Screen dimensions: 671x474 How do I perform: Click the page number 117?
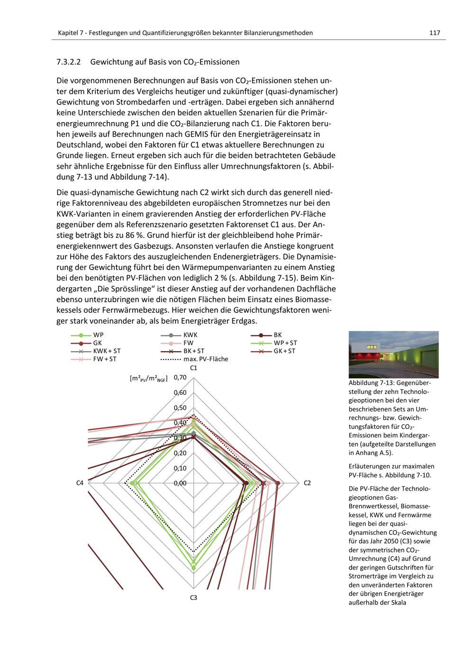pos(435,33)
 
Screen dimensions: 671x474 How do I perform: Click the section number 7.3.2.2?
pos(69,62)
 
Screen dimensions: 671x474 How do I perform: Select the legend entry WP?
pos(99,335)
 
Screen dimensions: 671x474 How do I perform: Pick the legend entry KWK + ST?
pos(107,351)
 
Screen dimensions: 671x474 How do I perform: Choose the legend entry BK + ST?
pos(194,351)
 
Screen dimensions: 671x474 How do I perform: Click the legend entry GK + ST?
pos(284,351)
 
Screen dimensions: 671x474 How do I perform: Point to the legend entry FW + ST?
pos(105,359)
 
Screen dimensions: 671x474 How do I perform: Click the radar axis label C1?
pos(193,368)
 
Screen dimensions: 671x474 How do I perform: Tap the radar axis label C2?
pos(307,483)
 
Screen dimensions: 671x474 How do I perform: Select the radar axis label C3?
pos(193,597)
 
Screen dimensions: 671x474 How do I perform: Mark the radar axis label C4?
pos(80,483)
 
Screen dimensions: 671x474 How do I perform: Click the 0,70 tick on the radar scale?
pos(181,378)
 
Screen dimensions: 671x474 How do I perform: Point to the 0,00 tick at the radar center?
pos(181,483)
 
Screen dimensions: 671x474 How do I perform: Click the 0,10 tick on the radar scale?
pos(181,468)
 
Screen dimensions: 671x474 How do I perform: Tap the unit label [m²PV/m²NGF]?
pos(148,379)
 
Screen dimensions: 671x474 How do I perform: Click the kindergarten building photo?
pos(393,354)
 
